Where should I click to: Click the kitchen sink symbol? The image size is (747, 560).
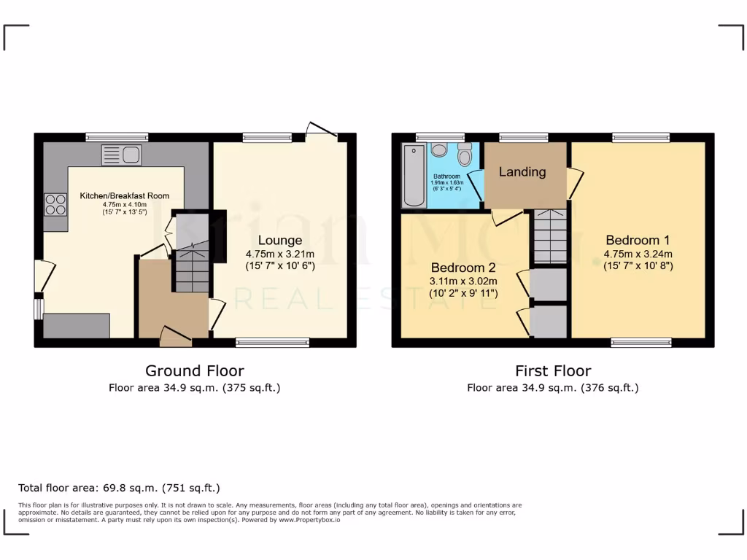[x=122, y=155]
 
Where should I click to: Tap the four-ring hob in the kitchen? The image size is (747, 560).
[x=55, y=203]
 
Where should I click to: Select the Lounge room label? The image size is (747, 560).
[x=279, y=241]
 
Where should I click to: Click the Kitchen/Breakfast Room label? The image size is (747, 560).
[x=125, y=195]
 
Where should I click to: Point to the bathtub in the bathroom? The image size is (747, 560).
[x=413, y=175]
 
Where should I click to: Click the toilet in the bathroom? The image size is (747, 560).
[x=464, y=155]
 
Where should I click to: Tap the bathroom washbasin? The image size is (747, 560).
[x=438, y=149]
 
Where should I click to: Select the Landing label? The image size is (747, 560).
[x=522, y=172]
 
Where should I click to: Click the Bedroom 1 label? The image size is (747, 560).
[x=638, y=240]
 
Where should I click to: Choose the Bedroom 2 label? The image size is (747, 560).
[x=463, y=267]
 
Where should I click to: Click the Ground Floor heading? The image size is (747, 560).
[x=194, y=371]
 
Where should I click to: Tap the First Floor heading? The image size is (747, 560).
[x=553, y=371]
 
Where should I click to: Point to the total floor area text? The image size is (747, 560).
[x=119, y=488]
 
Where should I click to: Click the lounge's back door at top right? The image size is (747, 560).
[x=321, y=131]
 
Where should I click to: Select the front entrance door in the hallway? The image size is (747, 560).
[x=174, y=335]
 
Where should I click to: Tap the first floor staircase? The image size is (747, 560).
[x=550, y=236]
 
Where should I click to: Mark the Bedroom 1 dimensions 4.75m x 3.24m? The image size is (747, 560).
[x=638, y=254]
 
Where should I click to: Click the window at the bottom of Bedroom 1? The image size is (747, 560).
[x=640, y=342]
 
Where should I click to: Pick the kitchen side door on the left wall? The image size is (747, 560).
[x=43, y=276]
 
